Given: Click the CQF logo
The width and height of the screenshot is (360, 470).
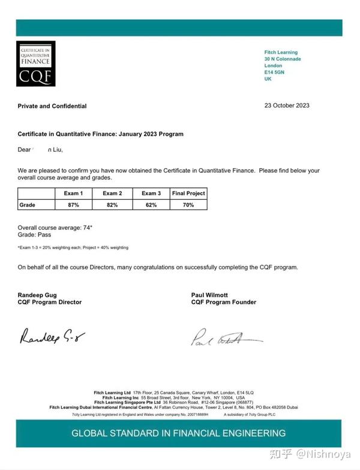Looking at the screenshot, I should click(x=35, y=63).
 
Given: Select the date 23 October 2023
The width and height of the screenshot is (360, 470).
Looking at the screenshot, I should click(x=287, y=106).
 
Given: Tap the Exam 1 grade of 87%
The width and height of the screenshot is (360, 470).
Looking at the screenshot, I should click(x=73, y=205).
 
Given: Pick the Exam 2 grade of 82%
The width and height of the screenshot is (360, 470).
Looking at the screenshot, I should click(x=112, y=205).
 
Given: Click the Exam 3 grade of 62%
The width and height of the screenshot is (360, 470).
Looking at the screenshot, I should click(x=151, y=205).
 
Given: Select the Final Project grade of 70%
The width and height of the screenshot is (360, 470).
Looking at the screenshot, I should click(x=188, y=205).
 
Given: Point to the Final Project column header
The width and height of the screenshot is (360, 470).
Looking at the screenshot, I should click(x=188, y=193).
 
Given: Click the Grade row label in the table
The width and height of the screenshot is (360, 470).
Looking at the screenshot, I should click(x=28, y=205).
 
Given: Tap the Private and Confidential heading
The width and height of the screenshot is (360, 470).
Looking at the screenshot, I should click(x=52, y=106).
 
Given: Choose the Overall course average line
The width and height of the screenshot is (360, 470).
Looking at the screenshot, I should click(x=55, y=227).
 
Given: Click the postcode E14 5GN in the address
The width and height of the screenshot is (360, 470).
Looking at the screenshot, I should click(x=274, y=72).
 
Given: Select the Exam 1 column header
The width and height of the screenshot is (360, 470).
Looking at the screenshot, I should click(x=73, y=193).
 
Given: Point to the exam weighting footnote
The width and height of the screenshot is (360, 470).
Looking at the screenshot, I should click(x=73, y=247).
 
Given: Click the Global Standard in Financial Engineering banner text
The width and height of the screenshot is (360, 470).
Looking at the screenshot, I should click(x=179, y=433).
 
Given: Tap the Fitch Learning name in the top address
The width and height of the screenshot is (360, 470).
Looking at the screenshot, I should click(x=281, y=52).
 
